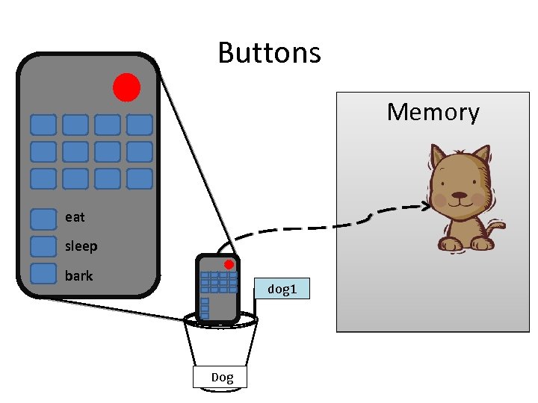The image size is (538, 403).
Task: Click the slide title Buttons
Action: (x=269, y=53)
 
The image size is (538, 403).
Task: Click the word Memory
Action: (x=433, y=112)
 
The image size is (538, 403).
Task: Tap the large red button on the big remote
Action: (x=126, y=87)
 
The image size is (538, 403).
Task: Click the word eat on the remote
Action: (x=75, y=217)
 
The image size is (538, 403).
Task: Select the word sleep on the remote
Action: (x=81, y=246)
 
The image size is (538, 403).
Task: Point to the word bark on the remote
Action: (x=78, y=275)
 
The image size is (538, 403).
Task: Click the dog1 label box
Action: (x=282, y=288)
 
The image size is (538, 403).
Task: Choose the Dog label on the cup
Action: (x=222, y=377)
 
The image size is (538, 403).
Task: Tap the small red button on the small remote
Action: (x=229, y=264)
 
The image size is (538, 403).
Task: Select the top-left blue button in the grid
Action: (x=43, y=125)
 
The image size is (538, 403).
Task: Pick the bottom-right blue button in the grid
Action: (x=139, y=178)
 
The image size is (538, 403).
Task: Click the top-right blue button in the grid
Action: (x=139, y=125)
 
